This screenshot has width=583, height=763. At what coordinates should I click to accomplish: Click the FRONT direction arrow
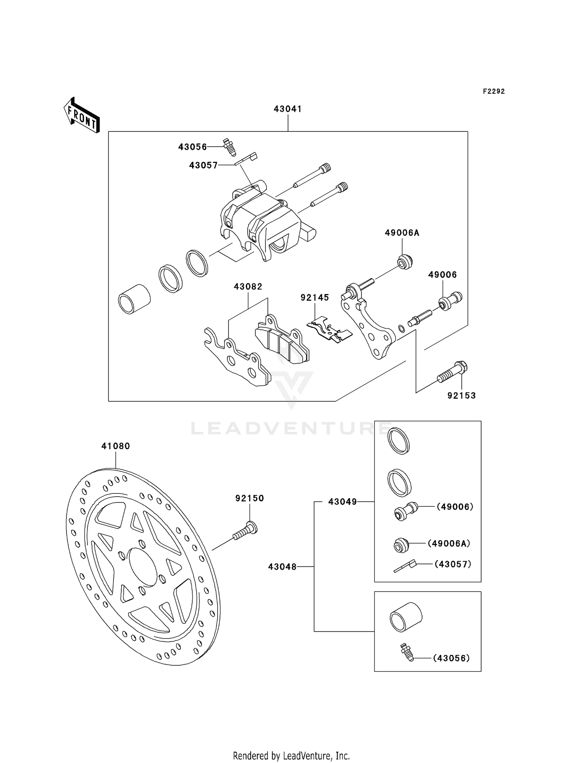click(x=82, y=115)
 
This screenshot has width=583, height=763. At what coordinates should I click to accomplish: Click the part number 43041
click(x=288, y=109)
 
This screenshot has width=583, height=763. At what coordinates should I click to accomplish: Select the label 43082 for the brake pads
click(x=248, y=287)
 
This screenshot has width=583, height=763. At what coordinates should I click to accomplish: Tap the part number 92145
click(x=315, y=297)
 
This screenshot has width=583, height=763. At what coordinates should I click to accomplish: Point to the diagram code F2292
click(x=494, y=91)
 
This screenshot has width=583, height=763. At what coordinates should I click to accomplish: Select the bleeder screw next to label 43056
click(x=229, y=147)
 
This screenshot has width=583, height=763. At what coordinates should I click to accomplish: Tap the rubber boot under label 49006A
click(x=404, y=262)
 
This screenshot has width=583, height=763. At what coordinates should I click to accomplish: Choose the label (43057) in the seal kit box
click(x=453, y=564)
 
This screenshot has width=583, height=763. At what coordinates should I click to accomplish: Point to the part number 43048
click(x=282, y=567)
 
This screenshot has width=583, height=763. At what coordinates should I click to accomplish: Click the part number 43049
click(x=342, y=502)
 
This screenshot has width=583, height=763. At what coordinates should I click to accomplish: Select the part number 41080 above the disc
click(x=115, y=446)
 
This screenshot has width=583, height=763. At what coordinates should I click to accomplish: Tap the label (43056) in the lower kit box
click(x=451, y=658)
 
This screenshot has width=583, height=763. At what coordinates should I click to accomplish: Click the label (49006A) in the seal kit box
click(x=449, y=543)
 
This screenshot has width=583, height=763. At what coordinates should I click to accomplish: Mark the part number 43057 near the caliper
click(x=203, y=165)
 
